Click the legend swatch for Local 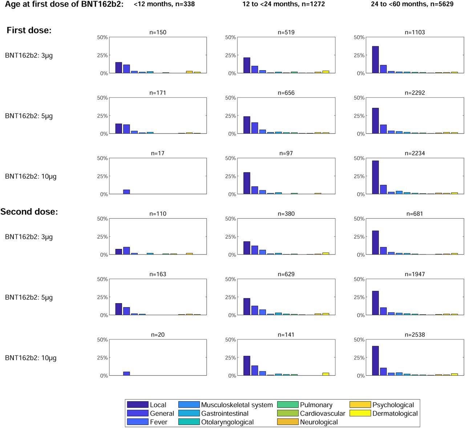pos(138,405)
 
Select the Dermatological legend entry pos(395,413)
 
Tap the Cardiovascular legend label pos(322,413)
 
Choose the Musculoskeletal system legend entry pos(237,405)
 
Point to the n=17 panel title pos(158,153)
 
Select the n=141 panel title pos(286,334)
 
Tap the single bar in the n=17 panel pos(126,192)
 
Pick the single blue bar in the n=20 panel pos(126,373)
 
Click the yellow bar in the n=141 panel pos(325,374)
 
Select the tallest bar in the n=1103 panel pos(375,60)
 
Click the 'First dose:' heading pos(29,30)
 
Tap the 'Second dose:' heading pos(29,211)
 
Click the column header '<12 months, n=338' pos(164,4)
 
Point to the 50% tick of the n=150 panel pos(102,37)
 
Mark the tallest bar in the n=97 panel pos(247,183)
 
